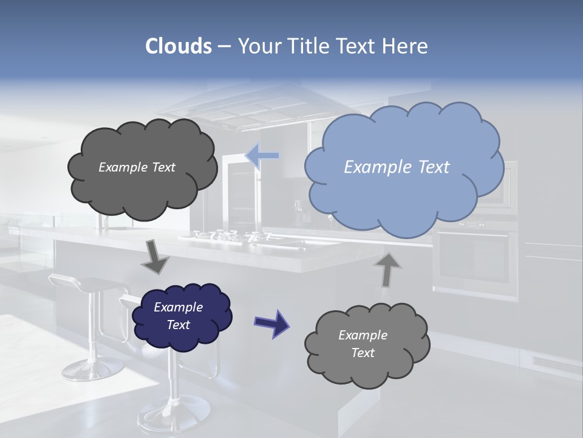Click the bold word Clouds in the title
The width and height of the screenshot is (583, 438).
pos(179,46)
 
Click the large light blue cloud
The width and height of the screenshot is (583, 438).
pos(404,167)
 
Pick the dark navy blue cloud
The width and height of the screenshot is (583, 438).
pos(181,316)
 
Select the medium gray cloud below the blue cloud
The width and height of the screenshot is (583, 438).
pos(367,344)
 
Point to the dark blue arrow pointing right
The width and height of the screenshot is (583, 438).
pos(272,324)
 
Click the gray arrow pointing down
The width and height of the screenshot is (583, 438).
pos(155,257)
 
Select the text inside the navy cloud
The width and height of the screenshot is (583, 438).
pos(179,316)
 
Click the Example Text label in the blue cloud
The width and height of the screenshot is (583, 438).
pos(397,167)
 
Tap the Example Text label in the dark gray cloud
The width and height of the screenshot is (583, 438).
pos(137,167)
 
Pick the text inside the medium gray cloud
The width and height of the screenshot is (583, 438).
pos(363,344)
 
